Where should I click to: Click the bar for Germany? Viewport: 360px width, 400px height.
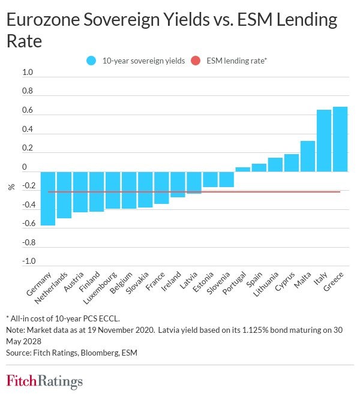point(48,199)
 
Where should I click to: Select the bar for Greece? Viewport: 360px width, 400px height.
point(340,139)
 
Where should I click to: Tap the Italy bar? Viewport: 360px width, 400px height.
point(324,141)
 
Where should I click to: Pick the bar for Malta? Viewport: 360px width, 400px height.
point(308,157)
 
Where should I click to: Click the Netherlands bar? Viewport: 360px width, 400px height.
point(64,195)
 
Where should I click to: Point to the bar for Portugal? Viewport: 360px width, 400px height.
point(243,169)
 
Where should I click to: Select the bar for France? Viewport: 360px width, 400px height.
point(161,188)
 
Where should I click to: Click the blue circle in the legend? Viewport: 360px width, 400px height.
point(91,60)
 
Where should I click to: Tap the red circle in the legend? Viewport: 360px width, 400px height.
point(195,60)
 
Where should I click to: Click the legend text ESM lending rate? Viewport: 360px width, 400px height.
point(236,60)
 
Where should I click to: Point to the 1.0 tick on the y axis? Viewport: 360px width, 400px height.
point(28,73)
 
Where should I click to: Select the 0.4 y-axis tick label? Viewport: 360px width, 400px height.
point(28,130)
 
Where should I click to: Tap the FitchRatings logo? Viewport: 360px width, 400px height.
point(44,381)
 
